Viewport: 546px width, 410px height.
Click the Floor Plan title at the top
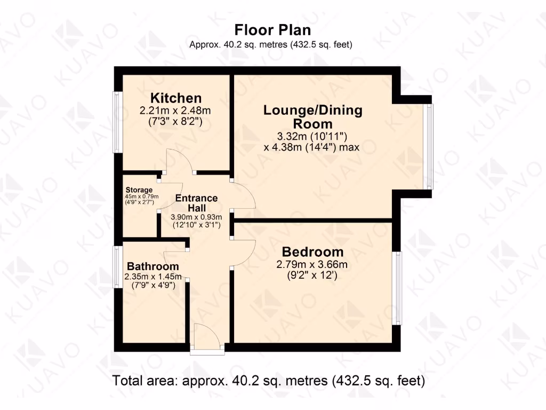[x=272, y=29]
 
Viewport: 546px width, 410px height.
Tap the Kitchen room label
[x=176, y=98]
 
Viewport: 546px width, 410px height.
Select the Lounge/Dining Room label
[x=313, y=117]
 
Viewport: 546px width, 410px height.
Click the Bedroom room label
[x=312, y=252]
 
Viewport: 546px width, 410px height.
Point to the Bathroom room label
[x=152, y=266]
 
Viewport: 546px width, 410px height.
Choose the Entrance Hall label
[x=196, y=203]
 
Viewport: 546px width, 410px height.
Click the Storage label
[x=139, y=190]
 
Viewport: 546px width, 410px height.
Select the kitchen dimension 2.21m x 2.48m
[x=175, y=112]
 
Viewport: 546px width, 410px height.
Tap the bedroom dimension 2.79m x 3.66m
[x=312, y=265]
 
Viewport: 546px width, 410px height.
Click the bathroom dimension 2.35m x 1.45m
[x=153, y=277]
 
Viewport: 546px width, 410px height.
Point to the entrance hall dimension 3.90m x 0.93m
[x=196, y=217]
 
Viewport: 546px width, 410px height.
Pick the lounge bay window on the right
[x=430, y=146]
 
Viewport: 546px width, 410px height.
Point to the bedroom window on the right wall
[x=397, y=288]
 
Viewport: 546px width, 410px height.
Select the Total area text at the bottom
[x=268, y=381]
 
